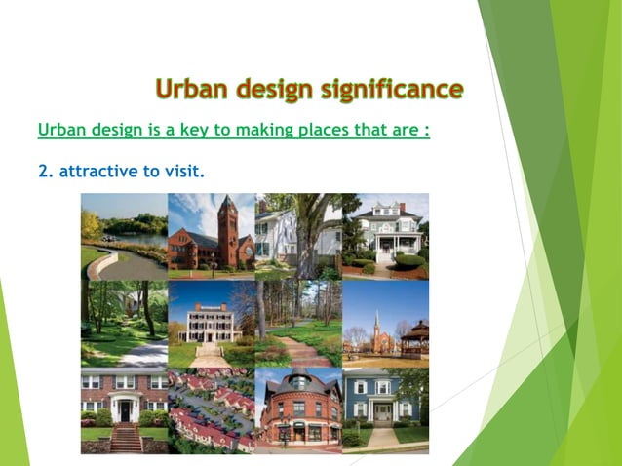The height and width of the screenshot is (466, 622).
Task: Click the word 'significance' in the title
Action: tap(391, 90)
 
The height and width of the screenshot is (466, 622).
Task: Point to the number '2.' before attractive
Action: tap(45, 171)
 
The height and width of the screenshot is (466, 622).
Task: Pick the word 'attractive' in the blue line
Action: tap(97, 171)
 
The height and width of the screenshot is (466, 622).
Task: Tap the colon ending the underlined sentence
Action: tap(427, 131)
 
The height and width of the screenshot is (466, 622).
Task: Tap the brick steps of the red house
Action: tap(124, 438)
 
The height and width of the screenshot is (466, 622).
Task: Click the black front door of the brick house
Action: tap(124, 411)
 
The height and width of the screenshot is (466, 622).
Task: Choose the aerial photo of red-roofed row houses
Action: tap(211, 409)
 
